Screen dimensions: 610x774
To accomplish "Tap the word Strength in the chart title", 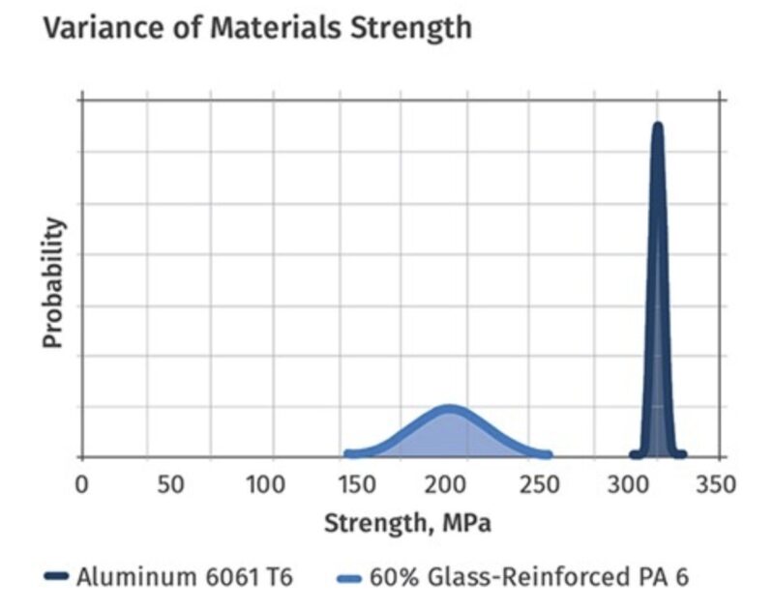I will [x=410, y=27].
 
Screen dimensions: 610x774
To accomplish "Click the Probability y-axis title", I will [x=54, y=281].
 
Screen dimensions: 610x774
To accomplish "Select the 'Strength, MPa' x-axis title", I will [x=406, y=524].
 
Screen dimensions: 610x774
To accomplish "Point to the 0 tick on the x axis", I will [x=81, y=483].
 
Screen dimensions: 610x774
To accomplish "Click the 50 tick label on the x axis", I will [x=172, y=483].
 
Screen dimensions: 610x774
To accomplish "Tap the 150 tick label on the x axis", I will [x=357, y=483].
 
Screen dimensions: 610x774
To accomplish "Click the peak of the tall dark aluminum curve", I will [x=658, y=126].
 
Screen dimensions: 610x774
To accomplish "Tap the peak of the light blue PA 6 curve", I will [x=448, y=409].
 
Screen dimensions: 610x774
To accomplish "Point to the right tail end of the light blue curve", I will [x=548, y=453].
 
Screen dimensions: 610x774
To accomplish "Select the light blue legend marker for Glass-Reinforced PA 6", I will [x=350, y=578].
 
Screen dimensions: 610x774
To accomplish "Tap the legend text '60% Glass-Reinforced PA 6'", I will [x=529, y=578].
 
